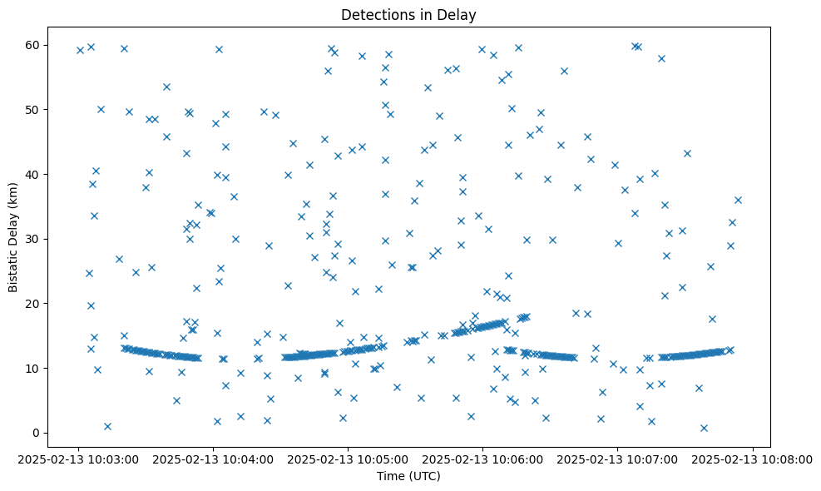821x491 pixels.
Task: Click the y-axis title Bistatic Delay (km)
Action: coord(13,229)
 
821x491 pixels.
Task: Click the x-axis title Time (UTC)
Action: coord(408,477)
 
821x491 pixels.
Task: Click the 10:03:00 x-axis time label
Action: coord(77,459)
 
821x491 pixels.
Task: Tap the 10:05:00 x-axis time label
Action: coord(348,459)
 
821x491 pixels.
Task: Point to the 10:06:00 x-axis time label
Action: coord(482,459)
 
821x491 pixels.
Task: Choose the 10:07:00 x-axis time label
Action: coord(618,459)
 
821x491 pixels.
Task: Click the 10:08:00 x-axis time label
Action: coord(753,459)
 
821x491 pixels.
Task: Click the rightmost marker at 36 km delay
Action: coord(738,200)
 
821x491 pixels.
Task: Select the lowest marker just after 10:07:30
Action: coord(704,428)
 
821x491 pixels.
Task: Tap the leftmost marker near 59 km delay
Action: coord(80,50)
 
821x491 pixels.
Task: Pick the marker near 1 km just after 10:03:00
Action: coord(107,426)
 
